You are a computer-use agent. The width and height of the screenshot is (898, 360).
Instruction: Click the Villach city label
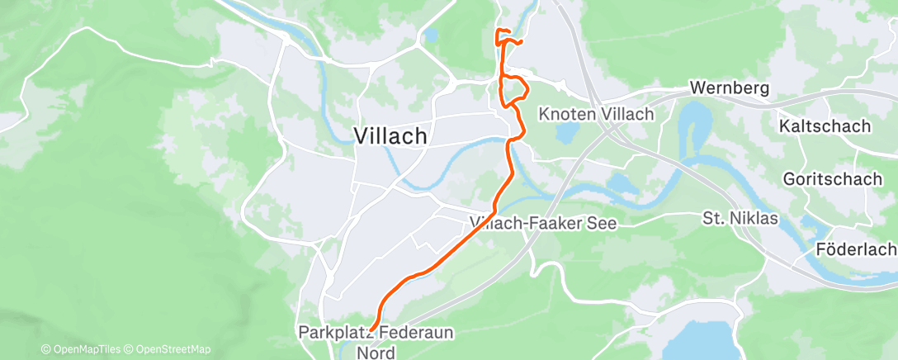click(390, 136)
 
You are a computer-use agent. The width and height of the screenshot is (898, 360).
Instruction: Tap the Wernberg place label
click(729, 88)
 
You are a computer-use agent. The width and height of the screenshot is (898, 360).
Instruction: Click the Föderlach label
click(855, 249)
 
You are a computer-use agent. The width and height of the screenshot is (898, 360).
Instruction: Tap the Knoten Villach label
click(595, 115)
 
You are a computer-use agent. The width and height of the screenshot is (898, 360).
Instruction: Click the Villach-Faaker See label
click(543, 223)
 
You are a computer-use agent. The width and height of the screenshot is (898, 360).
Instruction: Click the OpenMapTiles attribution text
click(82, 350)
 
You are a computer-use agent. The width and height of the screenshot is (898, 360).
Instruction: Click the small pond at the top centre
click(430, 36)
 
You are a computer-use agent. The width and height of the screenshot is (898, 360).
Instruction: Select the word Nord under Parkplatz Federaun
click(376, 352)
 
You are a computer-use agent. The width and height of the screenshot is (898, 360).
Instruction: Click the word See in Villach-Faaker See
click(603, 223)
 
